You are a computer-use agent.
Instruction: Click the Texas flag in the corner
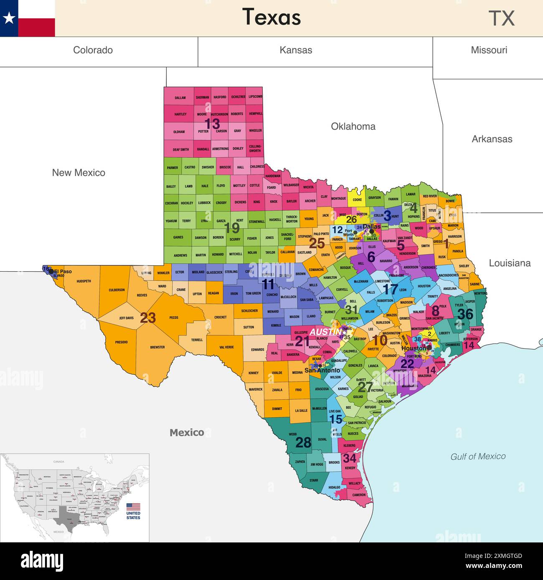[x=27, y=18]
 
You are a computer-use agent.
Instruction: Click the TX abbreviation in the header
[x=501, y=18]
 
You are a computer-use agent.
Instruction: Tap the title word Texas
[x=271, y=18]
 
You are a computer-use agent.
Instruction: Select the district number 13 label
[x=212, y=124]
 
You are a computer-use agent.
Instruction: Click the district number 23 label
[x=148, y=318]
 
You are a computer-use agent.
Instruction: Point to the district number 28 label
[x=303, y=442]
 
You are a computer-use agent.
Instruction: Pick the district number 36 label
[x=465, y=314]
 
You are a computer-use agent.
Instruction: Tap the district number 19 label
[x=232, y=228]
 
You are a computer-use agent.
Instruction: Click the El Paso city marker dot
[x=51, y=271]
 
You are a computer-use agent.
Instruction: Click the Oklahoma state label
[x=353, y=126]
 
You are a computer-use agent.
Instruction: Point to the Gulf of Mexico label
[x=478, y=456]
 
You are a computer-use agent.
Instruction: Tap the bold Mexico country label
[x=187, y=433]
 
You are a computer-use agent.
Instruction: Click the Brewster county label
[x=157, y=347]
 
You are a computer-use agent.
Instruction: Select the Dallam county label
[x=180, y=98]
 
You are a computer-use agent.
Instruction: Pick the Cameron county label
[x=359, y=495]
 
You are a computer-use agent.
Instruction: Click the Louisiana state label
[x=510, y=263]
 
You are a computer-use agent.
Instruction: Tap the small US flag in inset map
[x=133, y=507]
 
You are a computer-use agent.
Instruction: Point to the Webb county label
[x=293, y=434]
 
